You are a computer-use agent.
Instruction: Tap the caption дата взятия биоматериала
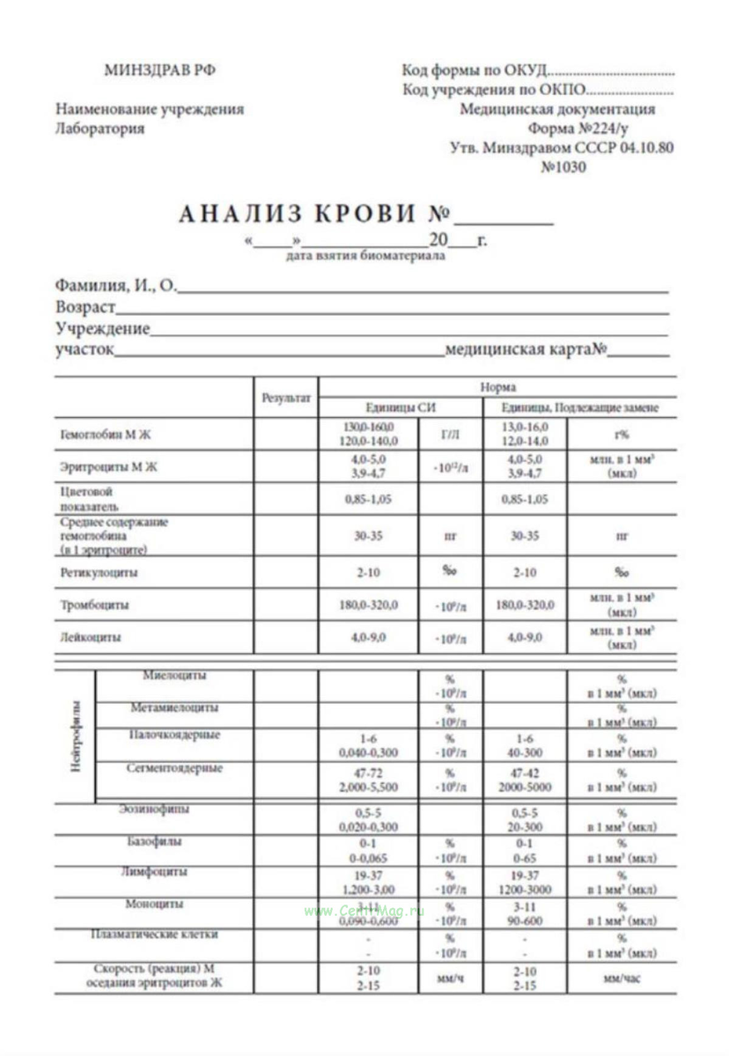coord(365,257)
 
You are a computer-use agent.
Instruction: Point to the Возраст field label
coord(85,309)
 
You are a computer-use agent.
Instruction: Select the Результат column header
coord(286,398)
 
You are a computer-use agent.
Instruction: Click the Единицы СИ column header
coord(400,408)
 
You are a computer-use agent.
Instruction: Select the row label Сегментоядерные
coord(175,768)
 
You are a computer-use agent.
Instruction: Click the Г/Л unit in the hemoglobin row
coord(450,435)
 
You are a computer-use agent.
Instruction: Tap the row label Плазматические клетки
coord(155,935)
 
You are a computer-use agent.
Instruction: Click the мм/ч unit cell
coord(450,978)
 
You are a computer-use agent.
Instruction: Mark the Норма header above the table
coord(497,387)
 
